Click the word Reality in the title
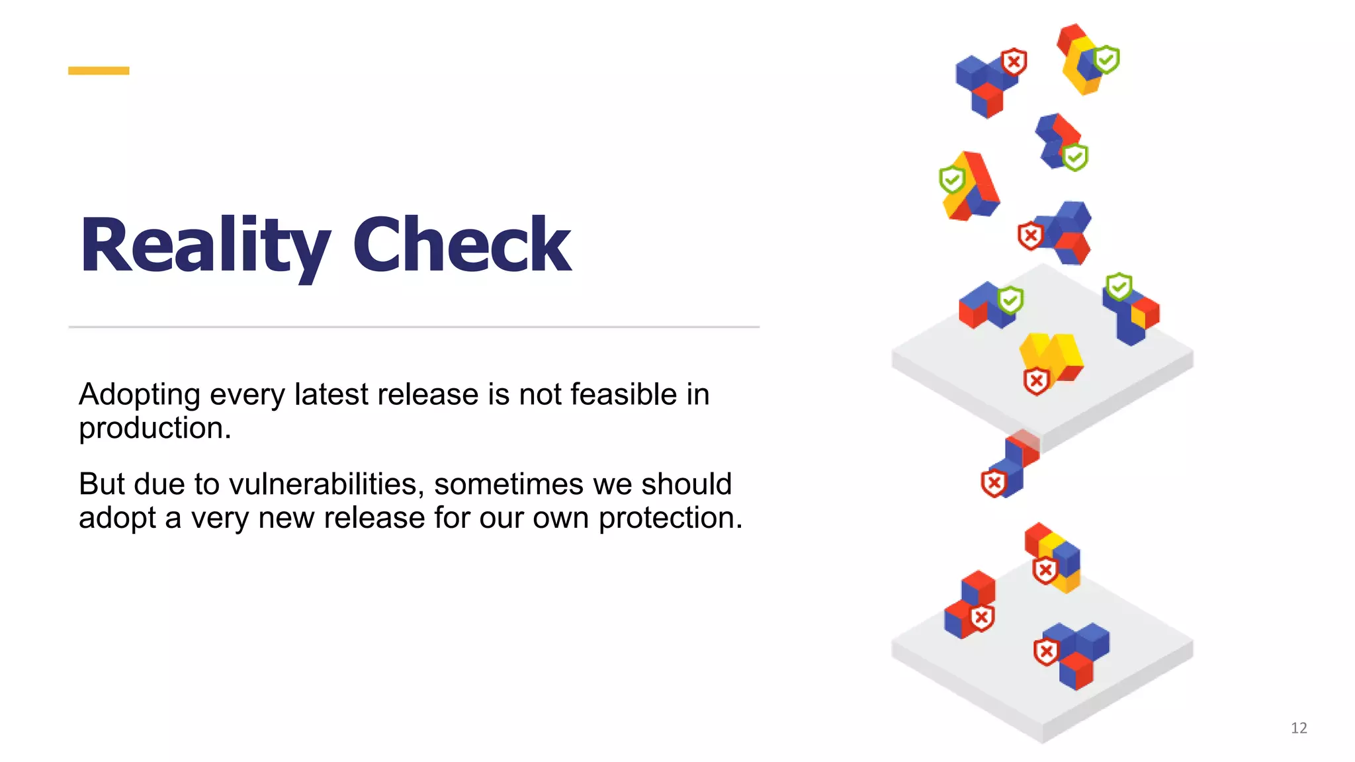pos(205,246)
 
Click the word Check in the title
pos(462,246)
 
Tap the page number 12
pos(1299,728)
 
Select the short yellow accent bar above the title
pos(99,71)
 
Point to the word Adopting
pos(140,395)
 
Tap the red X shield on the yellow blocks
pos(1036,381)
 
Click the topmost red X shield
pos(1014,62)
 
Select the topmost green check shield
pos(1106,60)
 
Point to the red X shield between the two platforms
pos(994,484)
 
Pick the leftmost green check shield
pos(952,179)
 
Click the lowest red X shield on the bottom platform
pos(1047,652)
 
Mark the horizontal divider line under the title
pos(414,327)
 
